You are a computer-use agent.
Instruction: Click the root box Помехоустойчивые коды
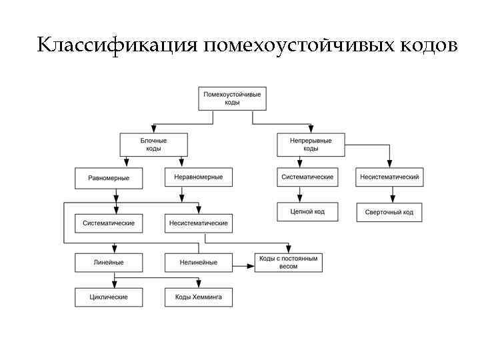pos(231,99)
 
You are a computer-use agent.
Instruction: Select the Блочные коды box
pos(153,145)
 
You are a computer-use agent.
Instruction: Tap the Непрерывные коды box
pos(311,145)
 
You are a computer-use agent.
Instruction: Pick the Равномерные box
pos(109,177)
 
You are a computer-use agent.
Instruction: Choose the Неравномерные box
pos(198,177)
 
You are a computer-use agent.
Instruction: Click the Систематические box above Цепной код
pos(307,177)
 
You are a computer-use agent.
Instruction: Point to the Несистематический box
pos(389,177)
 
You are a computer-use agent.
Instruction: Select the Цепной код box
pos(307,212)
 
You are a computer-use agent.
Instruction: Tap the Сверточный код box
pos(389,212)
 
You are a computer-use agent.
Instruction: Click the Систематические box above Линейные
pos(109,223)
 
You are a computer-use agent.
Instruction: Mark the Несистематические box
pos(198,223)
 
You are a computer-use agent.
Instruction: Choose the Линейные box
pos(109,262)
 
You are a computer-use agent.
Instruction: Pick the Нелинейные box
pos(198,262)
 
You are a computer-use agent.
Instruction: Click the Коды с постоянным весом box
pos(288,262)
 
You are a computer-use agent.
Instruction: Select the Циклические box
pos(109,297)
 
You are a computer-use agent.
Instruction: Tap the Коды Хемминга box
pos(198,297)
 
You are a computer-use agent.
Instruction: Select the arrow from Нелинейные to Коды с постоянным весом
pos(244,266)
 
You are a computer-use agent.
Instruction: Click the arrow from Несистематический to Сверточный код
pos(393,195)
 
